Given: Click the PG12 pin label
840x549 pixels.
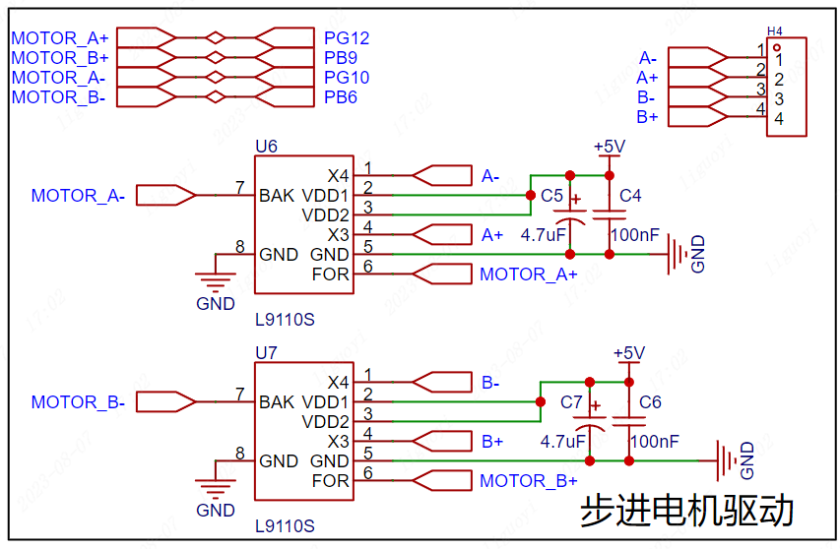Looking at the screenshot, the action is click(x=347, y=38).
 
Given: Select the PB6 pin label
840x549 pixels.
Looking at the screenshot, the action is click(x=341, y=97).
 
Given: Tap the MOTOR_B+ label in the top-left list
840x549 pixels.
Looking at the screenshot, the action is click(x=60, y=58).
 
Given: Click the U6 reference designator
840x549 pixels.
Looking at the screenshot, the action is click(x=266, y=146).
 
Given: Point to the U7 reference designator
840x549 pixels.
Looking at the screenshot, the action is click(x=266, y=352).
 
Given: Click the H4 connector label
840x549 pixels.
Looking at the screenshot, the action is click(x=775, y=31).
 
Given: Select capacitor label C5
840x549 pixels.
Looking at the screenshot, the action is click(x=551, y=196).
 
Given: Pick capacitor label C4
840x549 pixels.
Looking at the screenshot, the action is click(x=630, y=196).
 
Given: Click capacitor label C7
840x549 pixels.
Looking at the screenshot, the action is click(x=571, y=401).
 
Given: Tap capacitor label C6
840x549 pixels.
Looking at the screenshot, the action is click(x=650, y=401).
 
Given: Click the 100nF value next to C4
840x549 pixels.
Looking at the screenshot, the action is click(x=635, y=235).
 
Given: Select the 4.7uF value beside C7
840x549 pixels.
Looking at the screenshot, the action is click(x=563, y=442).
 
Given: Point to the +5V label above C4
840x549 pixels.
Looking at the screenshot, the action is click(x=610, y=146).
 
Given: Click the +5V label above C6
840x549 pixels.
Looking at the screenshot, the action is click(x=629, y=352).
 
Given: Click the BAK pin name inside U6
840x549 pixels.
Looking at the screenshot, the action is click(x=277, y=196).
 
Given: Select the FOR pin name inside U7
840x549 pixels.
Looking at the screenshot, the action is click(x=331, y=480).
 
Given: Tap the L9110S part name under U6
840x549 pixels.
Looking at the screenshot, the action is click(x=285, y=320).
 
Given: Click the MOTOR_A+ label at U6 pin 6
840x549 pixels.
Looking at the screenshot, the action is click(x=529, y=274).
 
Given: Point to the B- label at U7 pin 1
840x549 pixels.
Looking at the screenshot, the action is click(x=490, y=383).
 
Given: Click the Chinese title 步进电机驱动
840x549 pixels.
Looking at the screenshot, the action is click(x=687, y=510).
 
